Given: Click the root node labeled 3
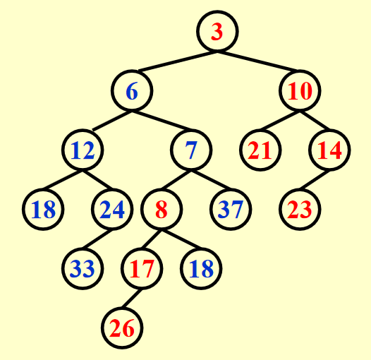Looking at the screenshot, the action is point(217,31).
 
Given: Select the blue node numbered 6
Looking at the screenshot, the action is point(132,90).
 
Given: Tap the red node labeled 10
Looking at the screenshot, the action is point(300,90).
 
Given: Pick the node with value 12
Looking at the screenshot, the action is point(83,150).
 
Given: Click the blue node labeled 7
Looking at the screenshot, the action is point(191,150).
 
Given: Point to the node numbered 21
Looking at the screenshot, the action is point(260,150).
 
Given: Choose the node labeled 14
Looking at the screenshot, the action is point(329,150).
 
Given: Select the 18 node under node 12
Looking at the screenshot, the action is point(43,210).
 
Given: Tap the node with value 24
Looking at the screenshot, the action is point(112,210).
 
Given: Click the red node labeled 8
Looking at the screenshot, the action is point(162,210).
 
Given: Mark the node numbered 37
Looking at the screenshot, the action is point(231,210).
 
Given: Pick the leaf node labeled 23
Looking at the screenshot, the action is point(300,210).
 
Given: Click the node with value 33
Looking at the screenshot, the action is point(83,269).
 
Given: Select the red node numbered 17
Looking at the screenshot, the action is point(142,269).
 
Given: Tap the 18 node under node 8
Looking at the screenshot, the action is point(201,269).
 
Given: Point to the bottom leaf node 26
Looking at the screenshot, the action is point(122,328).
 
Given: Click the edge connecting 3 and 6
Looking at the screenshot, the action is point(178,61).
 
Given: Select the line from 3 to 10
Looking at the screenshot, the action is point(257,61).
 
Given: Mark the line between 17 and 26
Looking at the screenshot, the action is point(132,299).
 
